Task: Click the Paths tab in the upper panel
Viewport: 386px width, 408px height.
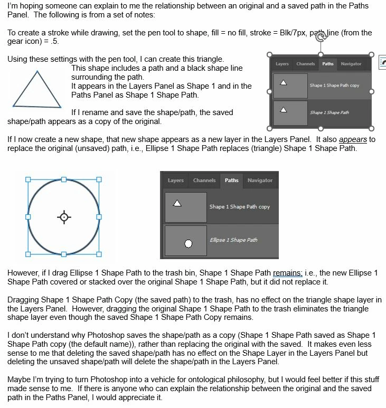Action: click(x=328, y=64)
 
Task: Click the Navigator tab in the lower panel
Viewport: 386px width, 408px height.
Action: click(x=260, y=181)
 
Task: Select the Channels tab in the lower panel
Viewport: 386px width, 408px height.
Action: click(x=204, y=181)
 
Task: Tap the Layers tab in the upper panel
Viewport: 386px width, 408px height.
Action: click(x=282, y=64)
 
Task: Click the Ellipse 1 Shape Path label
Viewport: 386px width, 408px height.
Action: click(x=233, y=240)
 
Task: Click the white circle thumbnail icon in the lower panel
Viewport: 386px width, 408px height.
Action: click(x=188, y=243)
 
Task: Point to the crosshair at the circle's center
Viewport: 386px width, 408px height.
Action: click(x=64, y=217)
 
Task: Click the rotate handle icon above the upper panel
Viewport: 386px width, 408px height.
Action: click(x=321, y=37)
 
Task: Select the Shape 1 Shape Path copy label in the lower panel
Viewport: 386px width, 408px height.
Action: click(x=239, y=206)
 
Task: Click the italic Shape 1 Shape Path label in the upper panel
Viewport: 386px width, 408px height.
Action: click(x=329, y=112)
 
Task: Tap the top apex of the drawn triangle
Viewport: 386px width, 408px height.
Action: click(x=37, y=71)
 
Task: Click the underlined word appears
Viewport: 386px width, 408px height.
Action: click(x=353, y=140)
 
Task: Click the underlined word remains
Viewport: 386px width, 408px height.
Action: click(x=287, y=273)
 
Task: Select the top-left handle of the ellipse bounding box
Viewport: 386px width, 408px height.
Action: click(x=28, y=179)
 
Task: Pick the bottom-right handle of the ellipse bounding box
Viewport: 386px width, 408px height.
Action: click(x=99, y=254)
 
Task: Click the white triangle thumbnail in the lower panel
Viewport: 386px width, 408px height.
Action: click(x=177, y=203)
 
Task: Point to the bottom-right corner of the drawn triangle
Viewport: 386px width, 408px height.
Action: click(x=61, y=107)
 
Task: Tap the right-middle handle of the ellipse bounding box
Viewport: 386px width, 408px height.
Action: click(x=99, y=217)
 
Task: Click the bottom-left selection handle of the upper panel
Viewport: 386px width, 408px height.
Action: click(x=270, y=128)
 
